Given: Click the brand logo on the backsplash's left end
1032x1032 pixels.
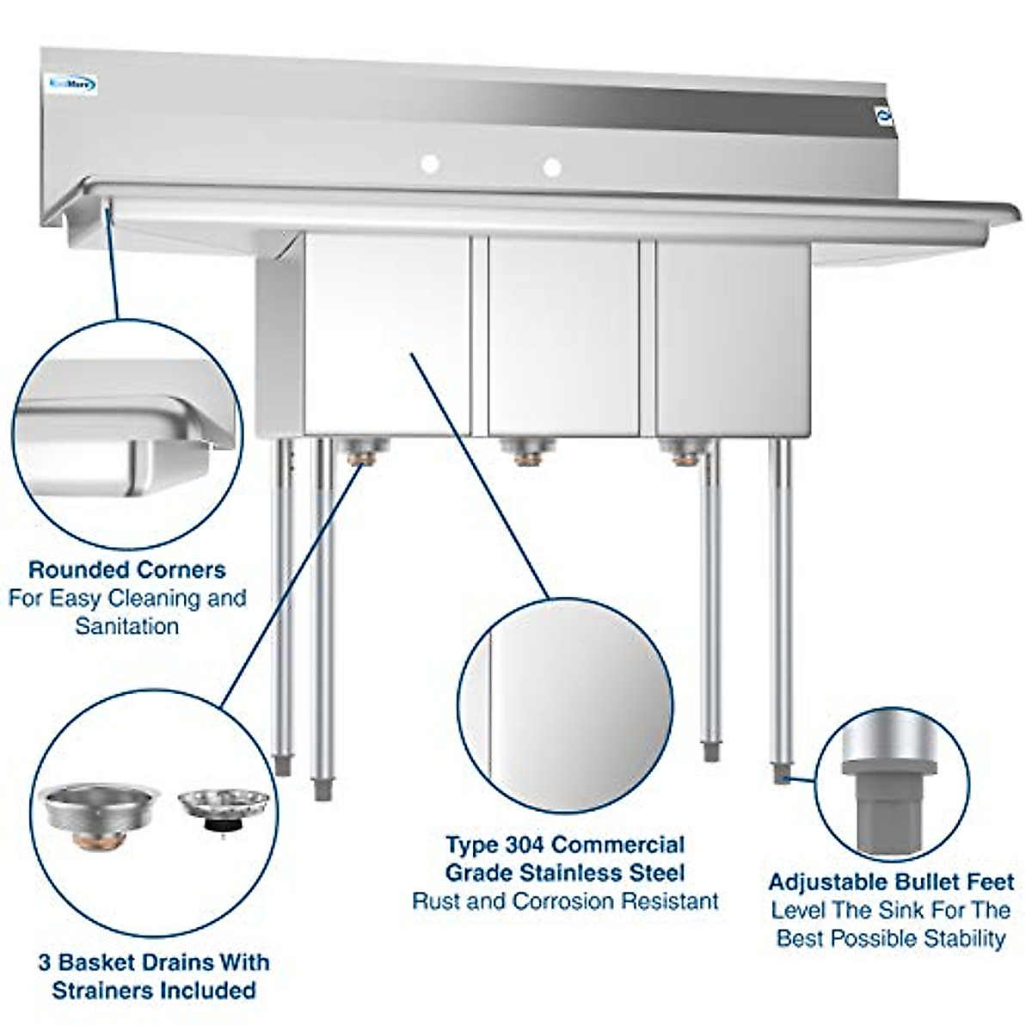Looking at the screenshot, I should (72, 84).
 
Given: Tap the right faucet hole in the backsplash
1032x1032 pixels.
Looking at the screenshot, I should (551, 166).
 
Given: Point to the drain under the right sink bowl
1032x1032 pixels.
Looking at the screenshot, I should (684, 451).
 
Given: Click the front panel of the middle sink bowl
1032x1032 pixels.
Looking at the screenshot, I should (563, 335).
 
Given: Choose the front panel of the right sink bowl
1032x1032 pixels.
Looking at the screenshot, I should (731, 335).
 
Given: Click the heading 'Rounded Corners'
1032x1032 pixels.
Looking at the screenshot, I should (127, 569).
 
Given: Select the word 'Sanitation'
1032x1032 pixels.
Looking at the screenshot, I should (127, 626).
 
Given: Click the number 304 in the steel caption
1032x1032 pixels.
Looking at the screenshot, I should (525, 845).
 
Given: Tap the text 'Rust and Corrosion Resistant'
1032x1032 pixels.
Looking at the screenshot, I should (565, 901).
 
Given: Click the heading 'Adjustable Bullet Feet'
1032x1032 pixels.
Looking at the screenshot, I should (891, 881).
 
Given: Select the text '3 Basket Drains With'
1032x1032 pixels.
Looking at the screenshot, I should (154, 961).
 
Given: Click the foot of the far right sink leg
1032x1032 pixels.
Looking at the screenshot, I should (781, 773).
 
